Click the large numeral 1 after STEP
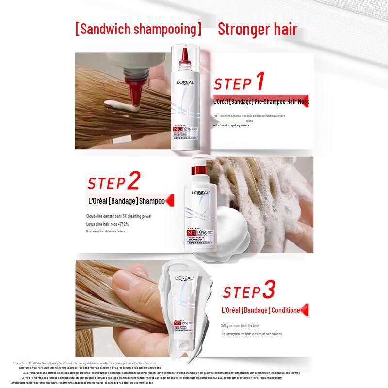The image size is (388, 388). pos(260,81)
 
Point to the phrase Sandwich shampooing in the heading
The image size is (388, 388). pos(139,30)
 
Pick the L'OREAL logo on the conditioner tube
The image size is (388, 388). pos(184,278)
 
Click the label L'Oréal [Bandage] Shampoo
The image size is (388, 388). pos(126,201)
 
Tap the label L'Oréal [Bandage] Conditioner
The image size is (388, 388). pos(262,310)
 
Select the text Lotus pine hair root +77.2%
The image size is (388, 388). pos(107,224)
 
